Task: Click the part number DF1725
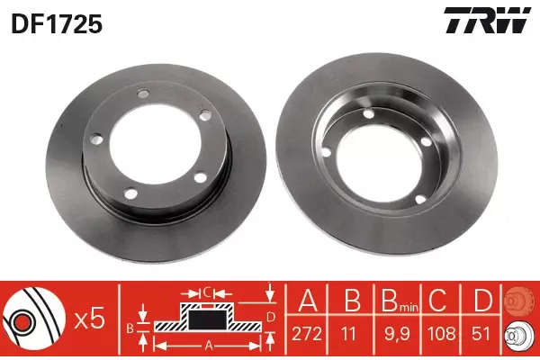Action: [x=57, y=24]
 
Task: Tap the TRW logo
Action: [x=487, y=20]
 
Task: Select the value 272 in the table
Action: [x=307, y=334]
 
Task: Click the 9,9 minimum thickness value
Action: [x=397, y=334]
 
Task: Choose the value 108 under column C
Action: [x=442, y=334]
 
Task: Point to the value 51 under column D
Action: [x=481, y=334]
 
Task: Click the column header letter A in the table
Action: [x=308, y=300]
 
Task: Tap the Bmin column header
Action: [x=400, y=301]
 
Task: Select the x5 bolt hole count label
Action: [x=90, y=320]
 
